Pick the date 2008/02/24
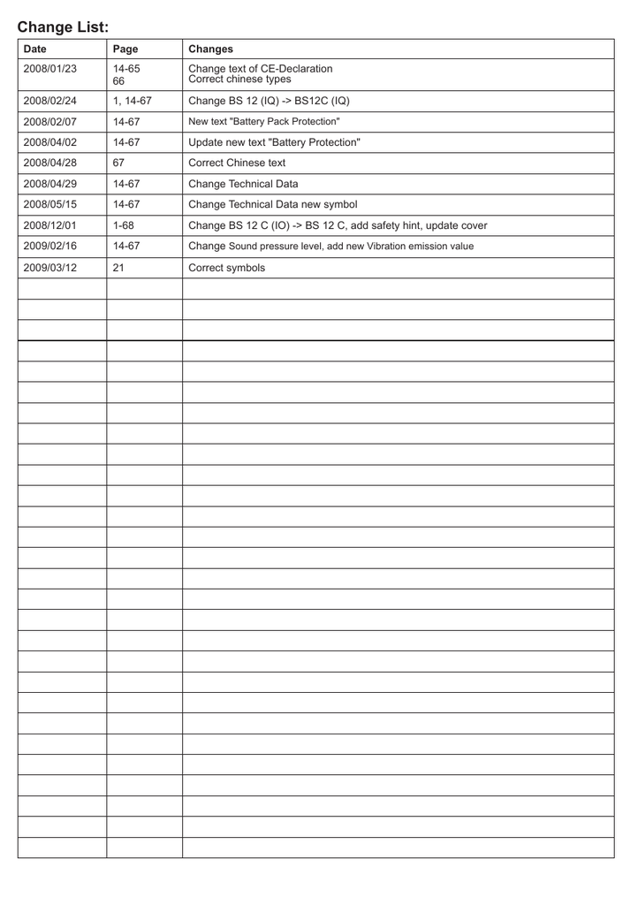coord(51,100)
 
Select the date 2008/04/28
coord(51,163)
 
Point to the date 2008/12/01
coord(51,224)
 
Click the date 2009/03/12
coord(51,266)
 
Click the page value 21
coord(119,266)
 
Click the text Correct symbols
coord(226,266)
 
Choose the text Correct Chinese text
coord(237,163)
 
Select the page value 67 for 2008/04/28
coord(119,163)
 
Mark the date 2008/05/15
coord(51,204)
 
